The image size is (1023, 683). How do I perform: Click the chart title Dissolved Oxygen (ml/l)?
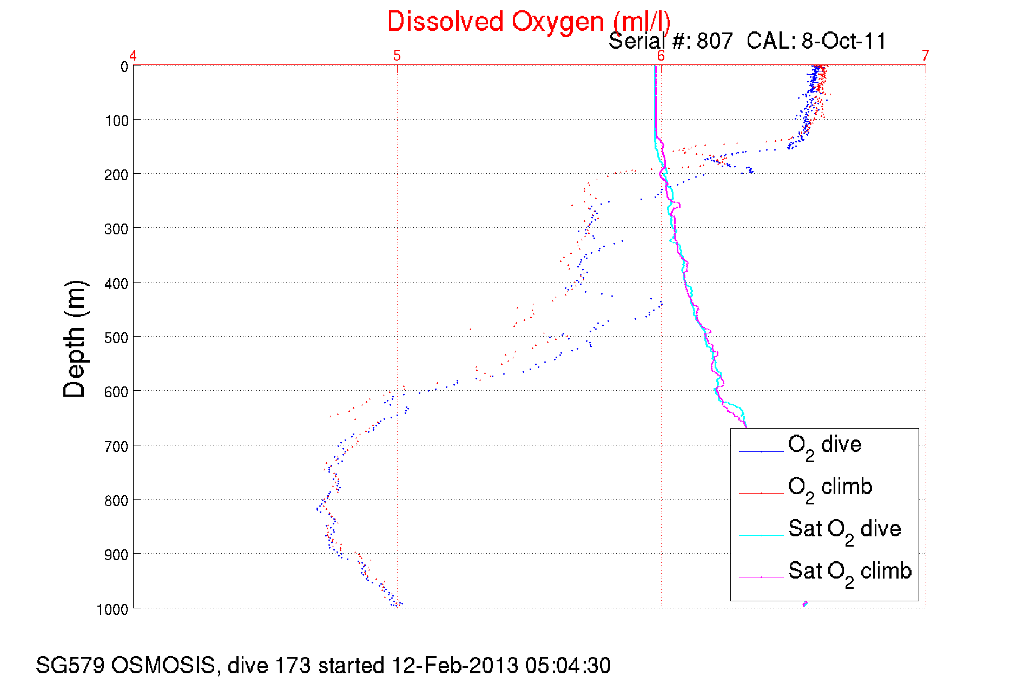529,22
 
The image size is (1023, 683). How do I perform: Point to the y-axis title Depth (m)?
75,339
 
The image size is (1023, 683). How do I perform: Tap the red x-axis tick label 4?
133,55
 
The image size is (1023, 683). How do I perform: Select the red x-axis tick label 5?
397,55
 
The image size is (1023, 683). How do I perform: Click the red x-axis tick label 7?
926,55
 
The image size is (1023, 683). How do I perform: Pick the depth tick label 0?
124,67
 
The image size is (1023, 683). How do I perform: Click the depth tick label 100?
117,121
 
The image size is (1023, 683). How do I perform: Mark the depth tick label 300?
117,229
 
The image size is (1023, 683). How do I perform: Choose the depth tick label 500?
117,338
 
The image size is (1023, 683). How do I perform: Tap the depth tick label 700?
117,446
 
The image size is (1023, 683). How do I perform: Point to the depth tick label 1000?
113,609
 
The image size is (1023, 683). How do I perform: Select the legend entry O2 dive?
824,446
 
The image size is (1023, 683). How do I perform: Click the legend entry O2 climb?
830,488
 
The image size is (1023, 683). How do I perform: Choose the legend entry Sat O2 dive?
844,530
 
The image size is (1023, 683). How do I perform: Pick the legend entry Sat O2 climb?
849,572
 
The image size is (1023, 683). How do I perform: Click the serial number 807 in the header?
715,41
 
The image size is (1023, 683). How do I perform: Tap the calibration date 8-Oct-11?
844,41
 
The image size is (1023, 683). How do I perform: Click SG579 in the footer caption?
70,665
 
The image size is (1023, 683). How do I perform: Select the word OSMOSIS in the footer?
163,665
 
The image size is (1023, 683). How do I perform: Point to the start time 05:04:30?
567,665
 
